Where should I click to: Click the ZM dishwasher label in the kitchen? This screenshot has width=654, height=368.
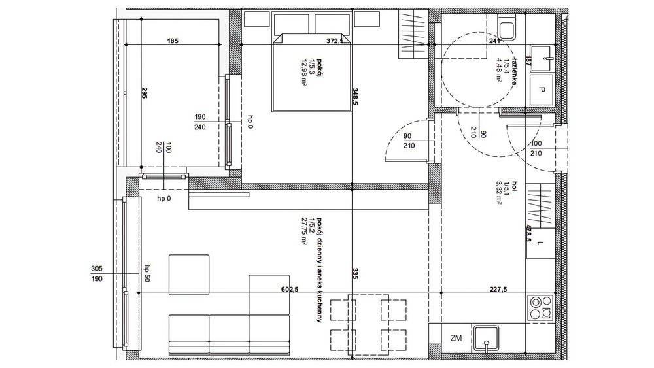coord(456,338)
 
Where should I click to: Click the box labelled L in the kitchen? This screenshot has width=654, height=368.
coord(540,244)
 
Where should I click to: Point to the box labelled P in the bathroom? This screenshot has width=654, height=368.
coord(542,89)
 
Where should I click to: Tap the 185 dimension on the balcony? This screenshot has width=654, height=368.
coord(173,41)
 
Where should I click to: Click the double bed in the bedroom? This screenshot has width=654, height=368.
coord(309,72)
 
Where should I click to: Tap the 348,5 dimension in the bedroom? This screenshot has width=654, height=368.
coord(355,96)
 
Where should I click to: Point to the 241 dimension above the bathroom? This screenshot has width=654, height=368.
coord(494,41)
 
